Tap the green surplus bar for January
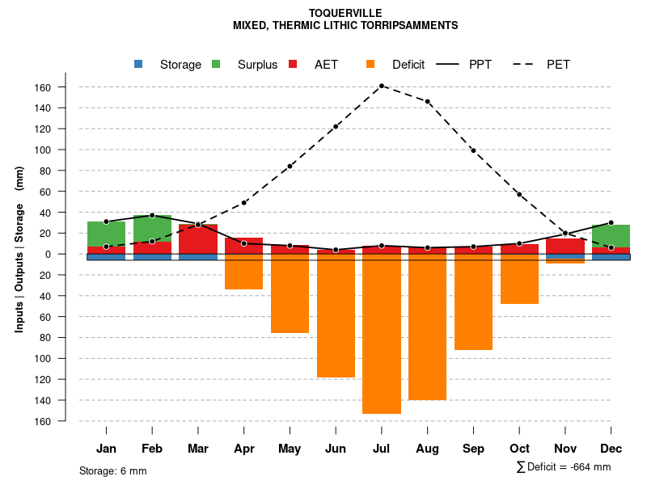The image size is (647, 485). tap(106, 234)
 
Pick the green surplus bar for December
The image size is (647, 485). tap(611, 236)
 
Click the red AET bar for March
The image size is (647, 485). tap(198, 239)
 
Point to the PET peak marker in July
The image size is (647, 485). tap(382, 86)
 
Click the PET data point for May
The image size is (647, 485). tap(290, 167)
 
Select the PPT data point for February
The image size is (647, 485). tap(152, 215)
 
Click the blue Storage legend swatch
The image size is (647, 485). tap(138, 64)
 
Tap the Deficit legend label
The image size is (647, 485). tap(408, 65)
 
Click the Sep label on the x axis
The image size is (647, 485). tap(473, 449)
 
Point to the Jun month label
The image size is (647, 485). tap(336, 449)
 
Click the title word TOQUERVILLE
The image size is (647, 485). tap(345, 13)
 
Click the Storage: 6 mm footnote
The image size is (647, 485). tap(113, 470)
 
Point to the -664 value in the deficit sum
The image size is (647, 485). tap(580, 467)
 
